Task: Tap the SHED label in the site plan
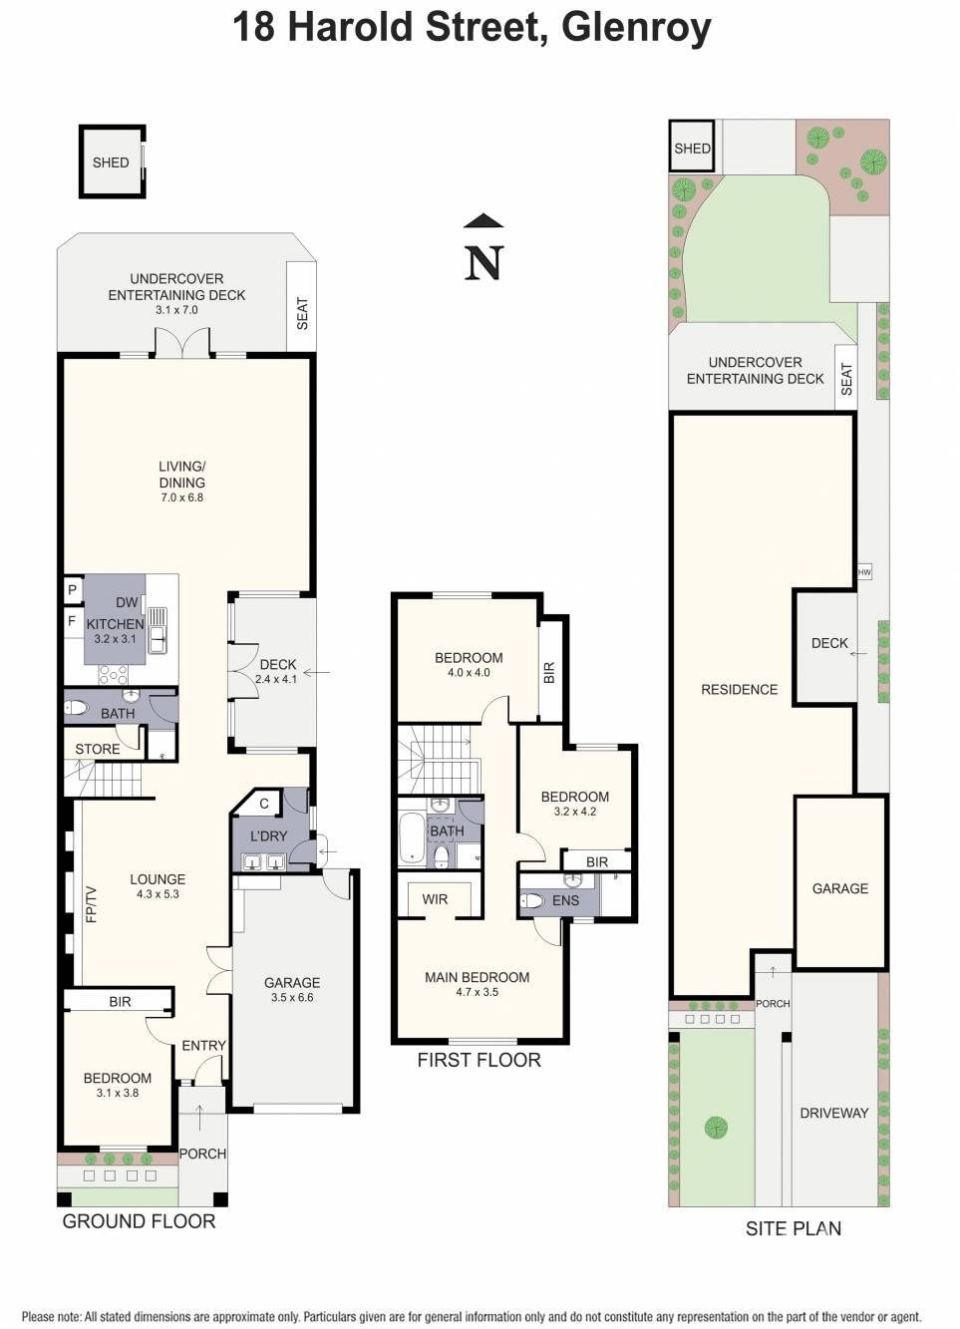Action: point(692,149)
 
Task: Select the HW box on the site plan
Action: point(864,572)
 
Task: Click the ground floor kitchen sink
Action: point(158,629)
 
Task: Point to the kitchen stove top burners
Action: point(113,674)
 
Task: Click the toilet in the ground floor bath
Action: point(76,707)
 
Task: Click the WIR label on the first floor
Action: point(435,899)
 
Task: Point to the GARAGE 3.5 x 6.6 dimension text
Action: point(292,997)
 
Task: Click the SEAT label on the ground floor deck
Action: point(302,314)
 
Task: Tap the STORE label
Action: point(98,750)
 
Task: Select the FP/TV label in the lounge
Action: point(91,904)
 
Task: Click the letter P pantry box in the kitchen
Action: point(73,590)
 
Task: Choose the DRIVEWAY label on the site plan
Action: point(834,1113)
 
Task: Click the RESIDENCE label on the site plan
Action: point(740,689)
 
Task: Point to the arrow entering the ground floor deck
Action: point(316,673)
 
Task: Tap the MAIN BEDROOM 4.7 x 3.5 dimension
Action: point(478,992)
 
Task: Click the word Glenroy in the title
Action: point(637,30)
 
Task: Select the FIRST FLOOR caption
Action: point(479,1060)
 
